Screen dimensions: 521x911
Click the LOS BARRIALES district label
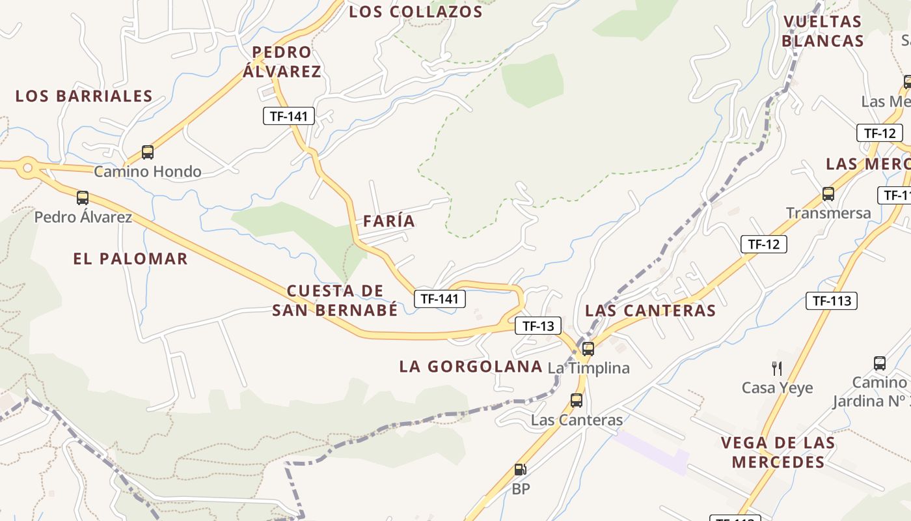point(84,96)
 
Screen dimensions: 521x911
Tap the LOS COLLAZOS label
point(416,12)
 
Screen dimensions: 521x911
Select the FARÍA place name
point(389,221)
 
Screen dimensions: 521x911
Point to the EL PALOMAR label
point(130,259)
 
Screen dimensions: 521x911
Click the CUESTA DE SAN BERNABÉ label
point(334,300)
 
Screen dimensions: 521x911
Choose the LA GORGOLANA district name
point(470,367)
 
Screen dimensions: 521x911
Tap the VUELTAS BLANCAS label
point(823,31)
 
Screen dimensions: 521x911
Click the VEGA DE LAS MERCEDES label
point(778,453)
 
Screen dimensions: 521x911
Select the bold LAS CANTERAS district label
point(650,311)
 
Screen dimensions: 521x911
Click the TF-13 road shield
point(537,326)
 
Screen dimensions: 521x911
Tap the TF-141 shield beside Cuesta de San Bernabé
point(440,299)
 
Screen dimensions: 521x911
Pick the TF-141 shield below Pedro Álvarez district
point(289,117)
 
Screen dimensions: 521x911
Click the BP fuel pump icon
point(520,469)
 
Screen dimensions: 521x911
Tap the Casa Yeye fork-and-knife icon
point(777,368)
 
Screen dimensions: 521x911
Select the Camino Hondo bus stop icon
point(148,152)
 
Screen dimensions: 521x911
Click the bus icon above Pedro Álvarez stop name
point(82,197)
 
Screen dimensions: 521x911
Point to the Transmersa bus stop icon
point(828,193)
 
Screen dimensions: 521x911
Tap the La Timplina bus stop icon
point(588,348)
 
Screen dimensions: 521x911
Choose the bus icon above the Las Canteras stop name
point(577,400)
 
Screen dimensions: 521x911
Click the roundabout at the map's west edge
point(27,168)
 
